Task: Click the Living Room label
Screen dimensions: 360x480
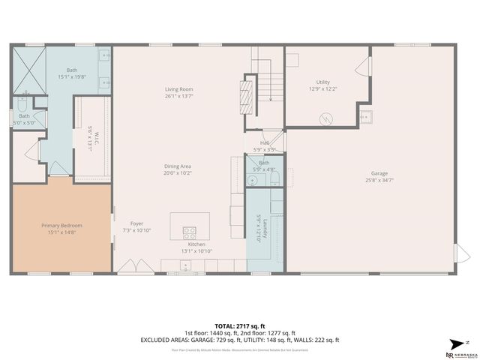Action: tap(179, 89)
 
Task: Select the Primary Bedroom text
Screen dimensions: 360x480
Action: tap(61, 226)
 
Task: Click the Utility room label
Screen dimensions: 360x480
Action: tap(323, 82)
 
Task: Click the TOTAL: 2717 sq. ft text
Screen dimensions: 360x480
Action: tap(239, 326)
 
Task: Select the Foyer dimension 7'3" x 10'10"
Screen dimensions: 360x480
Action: tap(136, 230)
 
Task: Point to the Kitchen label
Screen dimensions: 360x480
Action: tap(196, 244)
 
